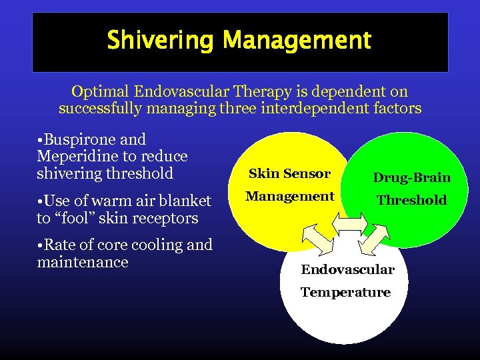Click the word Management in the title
click(297, 41)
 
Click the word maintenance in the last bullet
click(83, 262)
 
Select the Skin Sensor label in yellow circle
click(289, 174)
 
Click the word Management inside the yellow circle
click(289, 196)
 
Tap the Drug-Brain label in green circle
click(411, 177)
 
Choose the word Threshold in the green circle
click(411, 199)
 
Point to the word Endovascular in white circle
click(347, 269)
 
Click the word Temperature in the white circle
click(345, 292)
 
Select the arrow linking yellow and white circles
click(315, 237)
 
